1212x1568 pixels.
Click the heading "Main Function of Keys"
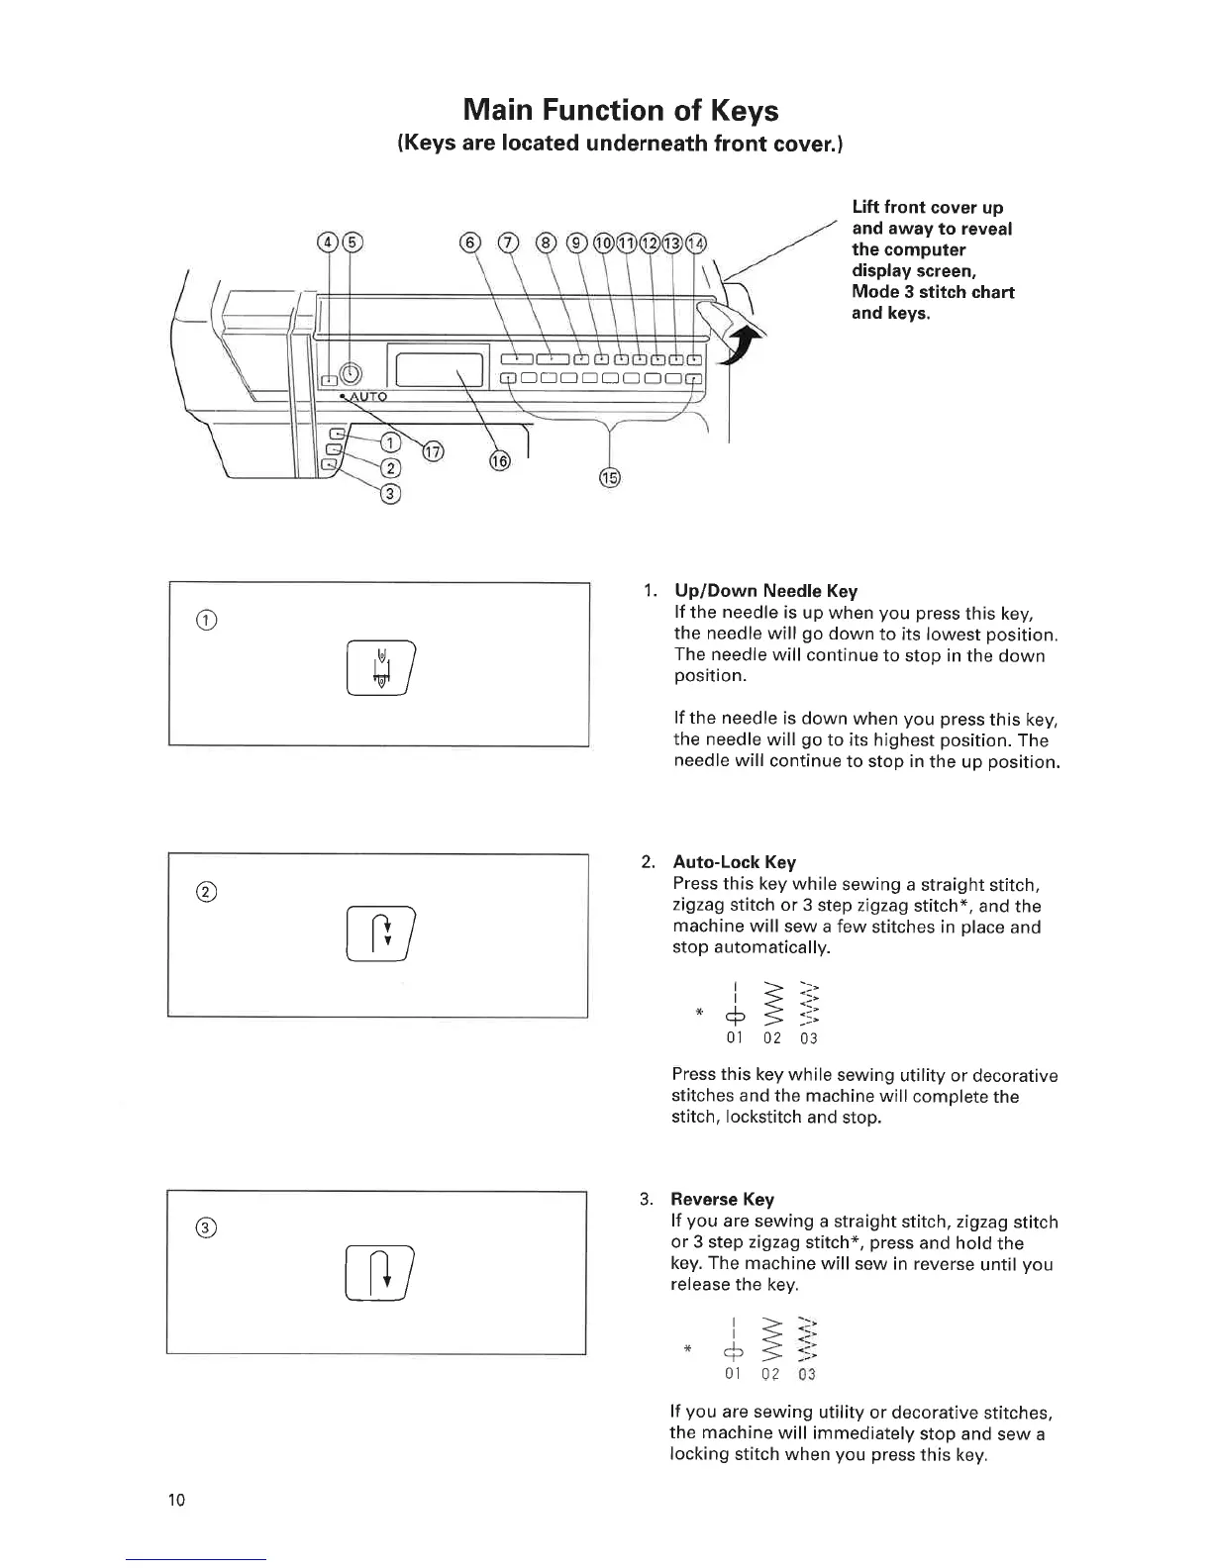pos(621,109)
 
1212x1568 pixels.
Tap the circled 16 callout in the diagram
pos(500,460)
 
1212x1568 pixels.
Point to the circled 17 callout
pos(433,451)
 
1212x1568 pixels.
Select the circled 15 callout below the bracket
pos(610,478)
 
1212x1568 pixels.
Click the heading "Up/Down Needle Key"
pos(764,591)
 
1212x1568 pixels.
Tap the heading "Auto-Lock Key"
pos(734,862)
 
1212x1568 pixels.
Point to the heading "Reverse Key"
pos(722,1200)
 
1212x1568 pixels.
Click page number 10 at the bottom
pos(176,1500)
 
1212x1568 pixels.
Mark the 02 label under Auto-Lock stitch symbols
pos(772,1038)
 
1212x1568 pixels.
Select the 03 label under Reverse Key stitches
pos(807,1375)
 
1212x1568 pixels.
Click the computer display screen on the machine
pos(439,368)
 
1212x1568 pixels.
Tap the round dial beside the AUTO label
pos(352,373)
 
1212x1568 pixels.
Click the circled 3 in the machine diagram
pos(390,495)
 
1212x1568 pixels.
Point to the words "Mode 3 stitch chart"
pos(933,292)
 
